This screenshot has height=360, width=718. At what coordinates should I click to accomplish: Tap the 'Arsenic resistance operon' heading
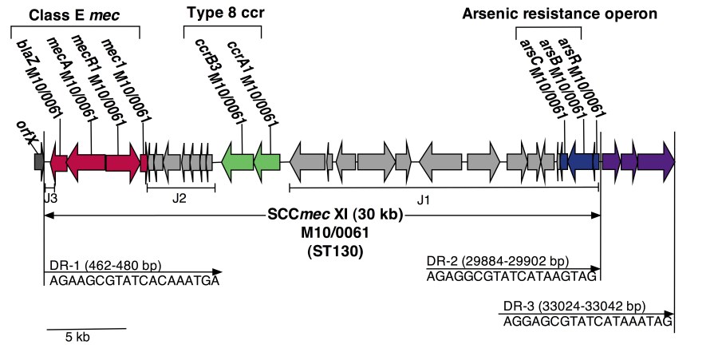pos(560,14)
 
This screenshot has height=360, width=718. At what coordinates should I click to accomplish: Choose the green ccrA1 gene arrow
pos(267,161)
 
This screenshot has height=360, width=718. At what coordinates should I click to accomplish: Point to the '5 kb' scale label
pos(77,338)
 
